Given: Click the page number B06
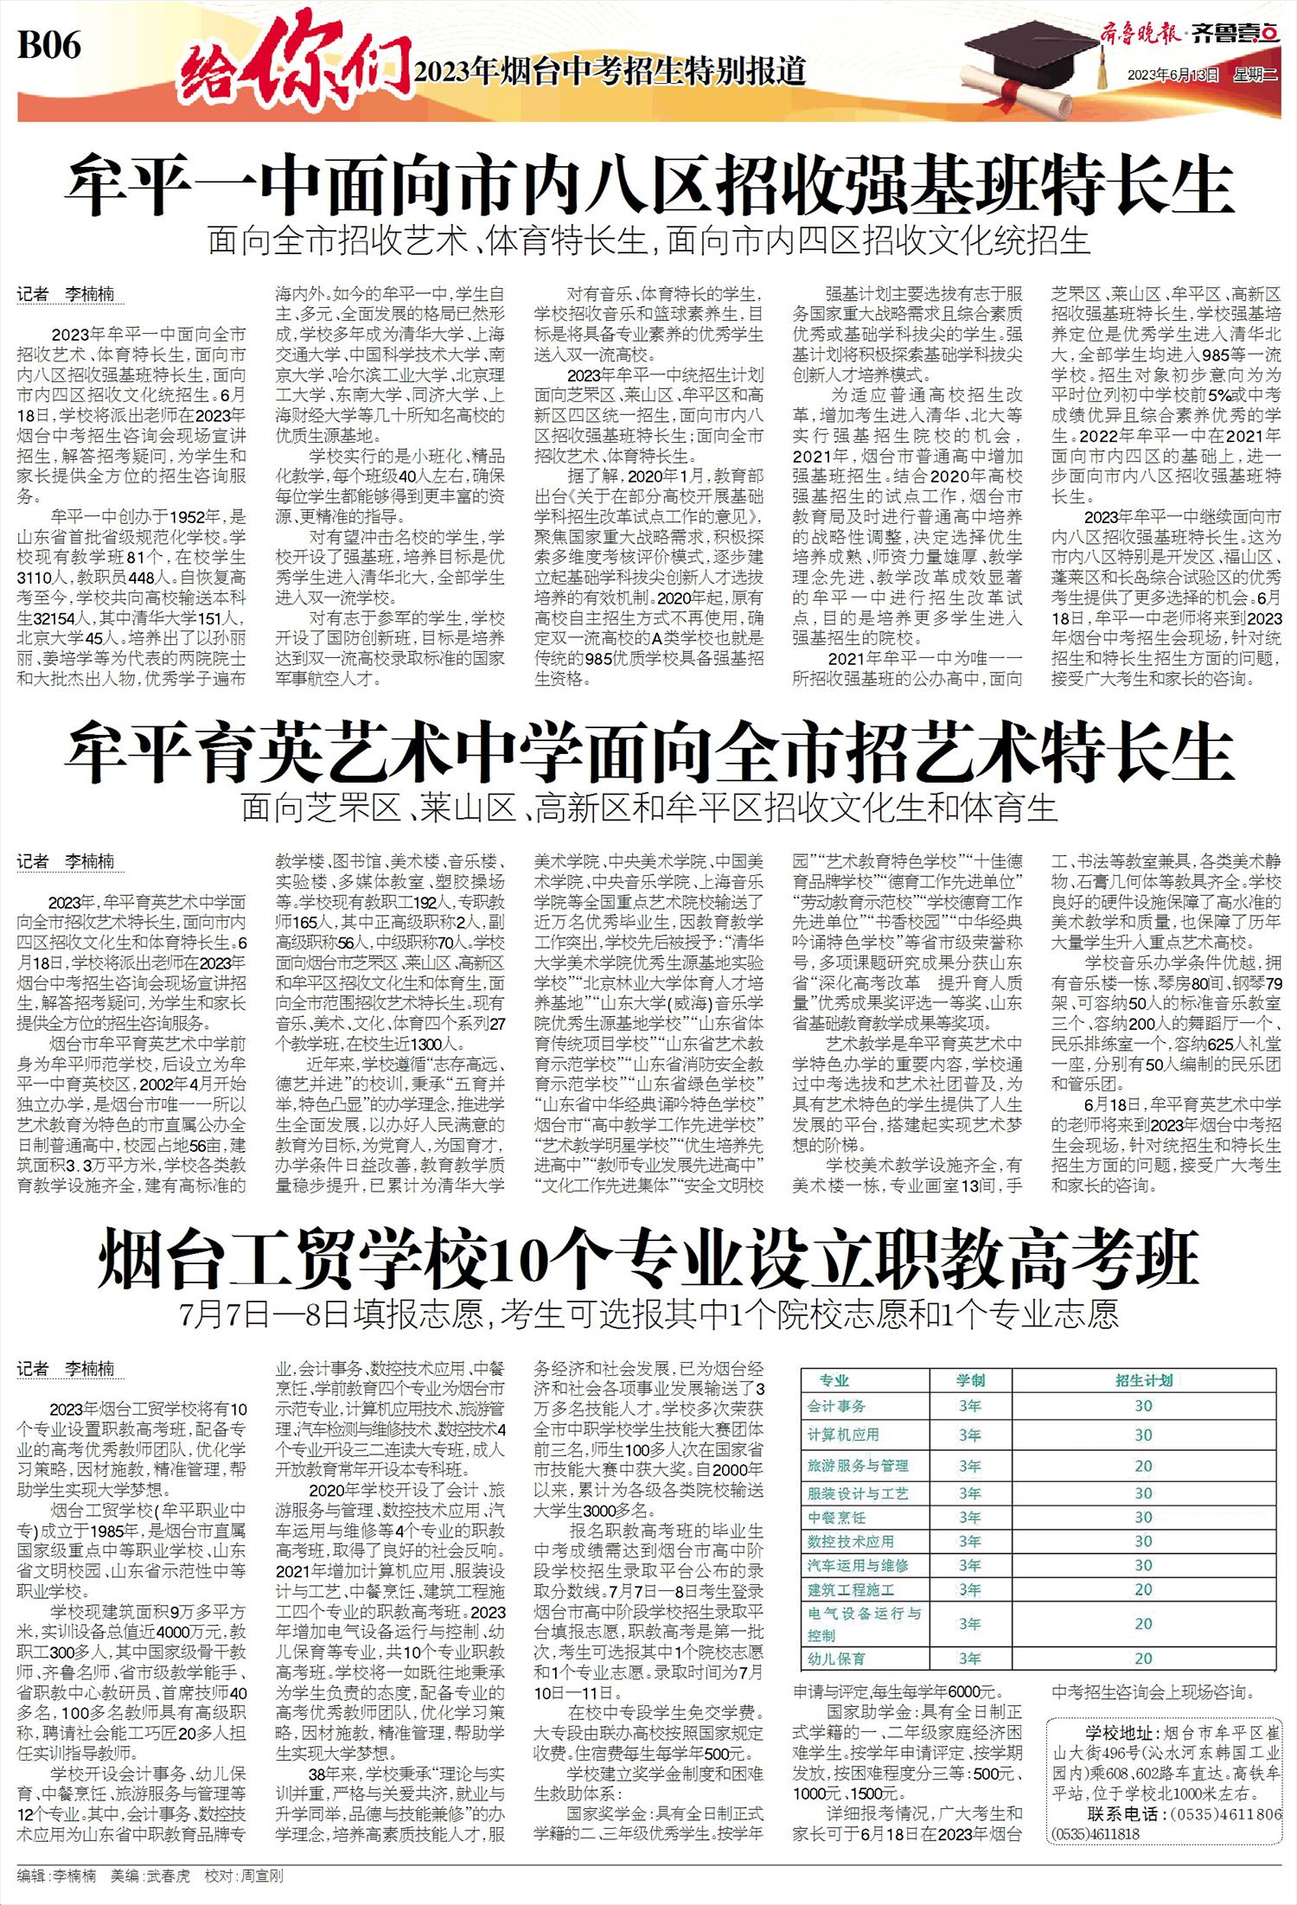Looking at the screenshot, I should (x=49, y=44).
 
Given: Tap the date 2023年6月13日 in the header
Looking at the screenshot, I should (x=1172, y=74).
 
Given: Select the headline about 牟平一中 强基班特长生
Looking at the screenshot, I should (x=648, y=183).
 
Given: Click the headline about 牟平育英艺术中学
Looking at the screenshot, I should (x=648, y=751).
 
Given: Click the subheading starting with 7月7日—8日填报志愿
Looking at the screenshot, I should (x=648, y=1315).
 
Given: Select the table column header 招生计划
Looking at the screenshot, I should (x=1143, y=1381).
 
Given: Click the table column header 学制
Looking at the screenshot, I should (x=969, y=1381).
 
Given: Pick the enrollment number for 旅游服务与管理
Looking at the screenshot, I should (x=1143, y=1466).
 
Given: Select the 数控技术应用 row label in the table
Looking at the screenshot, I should (x=851, y=1541).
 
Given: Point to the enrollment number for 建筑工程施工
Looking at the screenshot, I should (x=1143, y=1589).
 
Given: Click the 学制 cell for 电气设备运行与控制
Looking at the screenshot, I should (x=969, y=1624).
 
